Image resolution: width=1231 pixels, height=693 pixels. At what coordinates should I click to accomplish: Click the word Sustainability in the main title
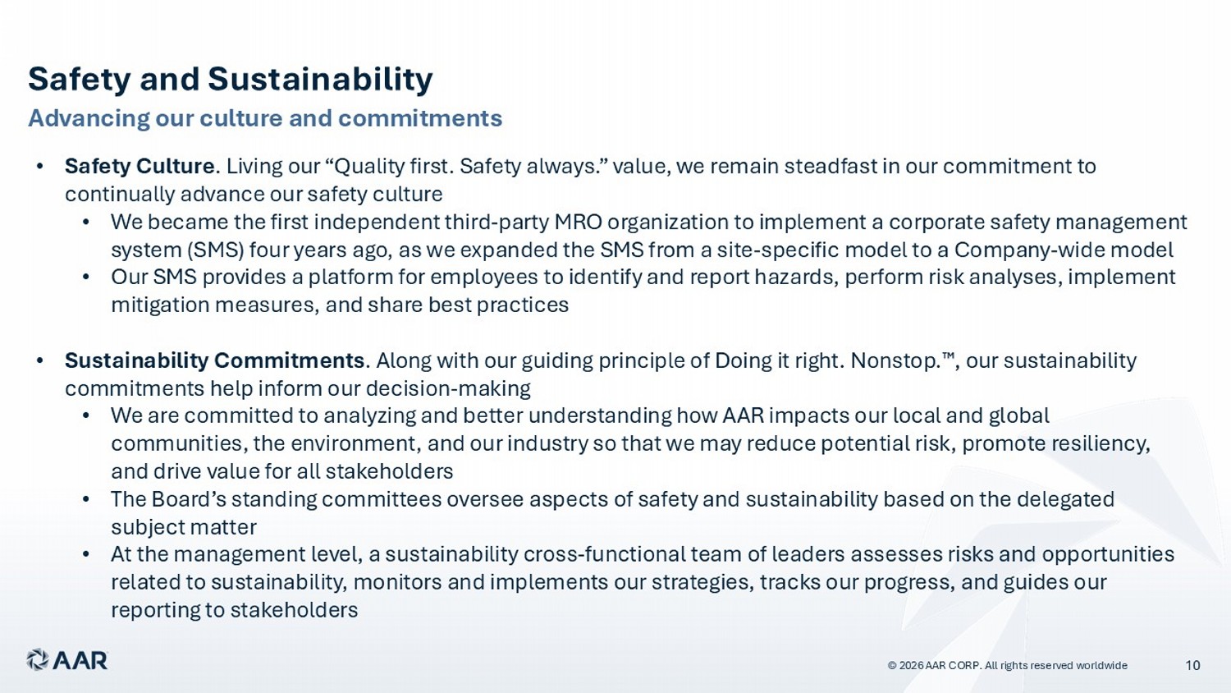[320, 80]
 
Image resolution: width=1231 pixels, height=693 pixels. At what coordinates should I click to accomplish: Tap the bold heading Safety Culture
[140, 166]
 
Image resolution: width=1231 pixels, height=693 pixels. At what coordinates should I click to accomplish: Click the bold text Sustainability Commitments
[214, 360]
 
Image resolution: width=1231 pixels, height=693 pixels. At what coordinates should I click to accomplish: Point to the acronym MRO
[578, 222]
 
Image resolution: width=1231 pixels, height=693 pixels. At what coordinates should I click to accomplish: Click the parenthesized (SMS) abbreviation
[215, 250]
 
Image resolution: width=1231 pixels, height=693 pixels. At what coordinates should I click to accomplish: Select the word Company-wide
[1064, 250]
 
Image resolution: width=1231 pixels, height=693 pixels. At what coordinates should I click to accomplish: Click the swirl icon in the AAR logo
[38, 660]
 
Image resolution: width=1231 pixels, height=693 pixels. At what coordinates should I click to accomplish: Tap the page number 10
[1192, 666]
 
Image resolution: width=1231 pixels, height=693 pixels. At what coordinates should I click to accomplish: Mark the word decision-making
[448, 389]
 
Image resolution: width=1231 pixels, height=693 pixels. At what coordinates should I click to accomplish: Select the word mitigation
[160, 305]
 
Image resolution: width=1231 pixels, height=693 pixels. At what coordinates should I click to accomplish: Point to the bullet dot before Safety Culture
[39, 167]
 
